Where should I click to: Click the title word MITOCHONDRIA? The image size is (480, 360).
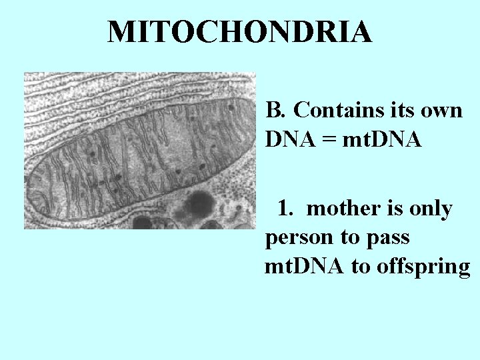tap(240, 31)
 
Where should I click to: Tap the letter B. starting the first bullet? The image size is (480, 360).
tap(275, 109)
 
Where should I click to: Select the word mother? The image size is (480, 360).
tap(340, 209)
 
